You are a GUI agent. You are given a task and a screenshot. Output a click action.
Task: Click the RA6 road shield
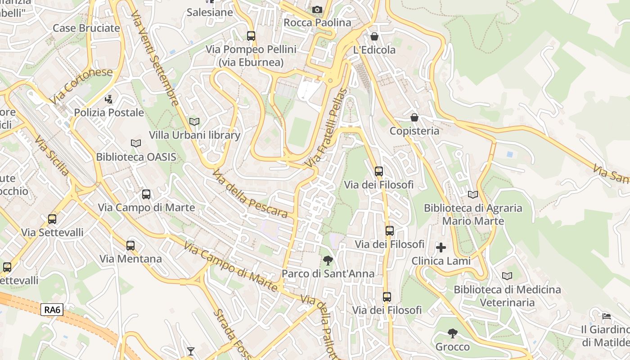[x=53, y=310]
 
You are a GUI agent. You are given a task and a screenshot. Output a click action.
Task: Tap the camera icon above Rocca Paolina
[x=317, y=9]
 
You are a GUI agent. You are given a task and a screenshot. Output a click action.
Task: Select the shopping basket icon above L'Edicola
[x=374, y=36]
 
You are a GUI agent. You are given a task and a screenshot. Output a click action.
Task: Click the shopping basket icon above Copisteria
[x=414, y=117]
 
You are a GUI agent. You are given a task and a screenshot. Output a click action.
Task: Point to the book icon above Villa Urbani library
[x=194, y=121]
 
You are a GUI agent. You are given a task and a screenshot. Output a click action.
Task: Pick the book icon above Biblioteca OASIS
[x=135, y=143]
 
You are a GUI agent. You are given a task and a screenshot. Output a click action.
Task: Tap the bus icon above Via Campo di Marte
[x=146, y=194]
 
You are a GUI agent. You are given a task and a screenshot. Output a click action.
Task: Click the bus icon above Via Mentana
[x=130, y=246]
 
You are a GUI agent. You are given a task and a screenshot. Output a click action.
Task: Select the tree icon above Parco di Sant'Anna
[x=328, y=260]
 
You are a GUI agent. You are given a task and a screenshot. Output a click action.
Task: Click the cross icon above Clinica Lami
[x=441, y=247]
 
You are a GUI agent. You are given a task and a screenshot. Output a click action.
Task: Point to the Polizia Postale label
[x=109, y=112]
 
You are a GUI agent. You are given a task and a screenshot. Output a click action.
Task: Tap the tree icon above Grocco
[x=453, y=333]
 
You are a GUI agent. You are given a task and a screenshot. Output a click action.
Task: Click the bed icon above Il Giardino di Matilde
[x=607, y=316]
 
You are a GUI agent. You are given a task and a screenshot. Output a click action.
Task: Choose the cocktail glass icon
[x=191, y=351]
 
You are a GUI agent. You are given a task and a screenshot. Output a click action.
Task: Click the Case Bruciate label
[x=86, y=28]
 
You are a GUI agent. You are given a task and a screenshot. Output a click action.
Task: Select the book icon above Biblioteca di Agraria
[x=473, y=194]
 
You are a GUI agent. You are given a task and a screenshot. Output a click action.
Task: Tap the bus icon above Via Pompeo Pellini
[x=251, y=36]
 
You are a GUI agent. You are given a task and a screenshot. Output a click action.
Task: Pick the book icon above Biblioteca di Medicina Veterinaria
[x=507, y=276]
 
